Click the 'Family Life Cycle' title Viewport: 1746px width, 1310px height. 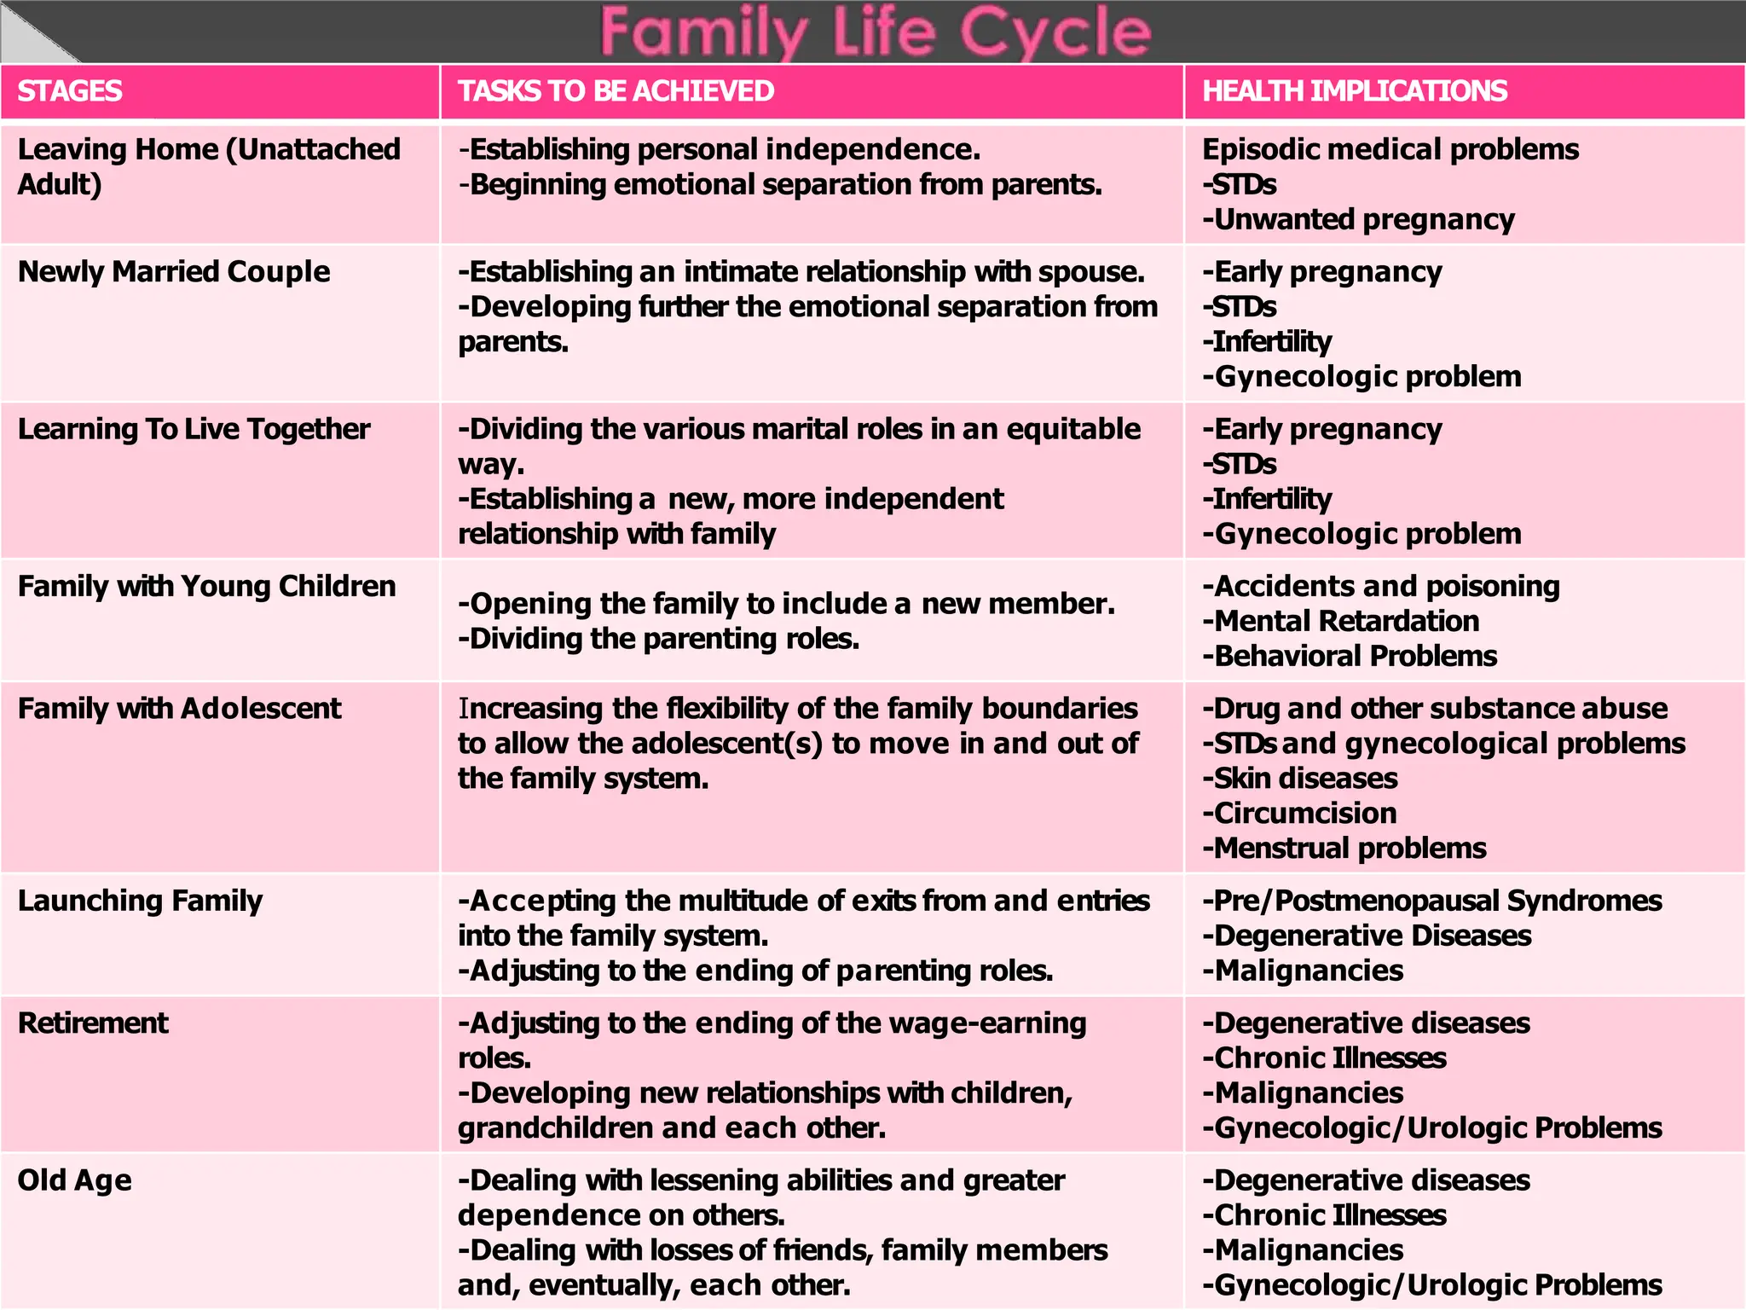pyautogui.click(x=876, y=32)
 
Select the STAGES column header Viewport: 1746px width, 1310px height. pyautogui.click(x=70, y=91)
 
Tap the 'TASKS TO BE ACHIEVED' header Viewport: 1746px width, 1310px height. pyautogui.click(x=616, y=91)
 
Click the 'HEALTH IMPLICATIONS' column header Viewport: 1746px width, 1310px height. pyautogui.click(x=1354, y=91)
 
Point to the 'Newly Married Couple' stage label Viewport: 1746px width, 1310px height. pyautogui.click(x=174, y=272)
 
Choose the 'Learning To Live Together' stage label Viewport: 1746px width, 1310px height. pyautogui.click(x=194, y=429)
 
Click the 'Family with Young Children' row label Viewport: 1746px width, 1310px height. pyautogui.click(x=206, y=587)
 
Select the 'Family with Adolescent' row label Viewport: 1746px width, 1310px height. pyautogui.click(x=179, y=709)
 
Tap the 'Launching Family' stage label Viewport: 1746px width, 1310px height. pyautogui.click(x=140, y=901)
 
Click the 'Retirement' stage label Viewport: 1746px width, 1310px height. pyautogui.click(x=93, y=1023)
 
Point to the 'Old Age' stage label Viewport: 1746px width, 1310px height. pyautogui.click(x=75, y=1180)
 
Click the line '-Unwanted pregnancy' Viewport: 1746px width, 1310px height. pyautogui.click(x=1358, y=220)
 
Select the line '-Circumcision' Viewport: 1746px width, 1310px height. pyautogui.click(x=1299, y=814)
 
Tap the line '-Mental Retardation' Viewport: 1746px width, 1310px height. pyautogui.click(x=1340, y=622)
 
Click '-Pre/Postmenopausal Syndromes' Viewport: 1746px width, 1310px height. pyautogui.click(x=1432, y=901)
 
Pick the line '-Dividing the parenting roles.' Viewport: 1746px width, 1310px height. pyautogui.click(x=658, y=639)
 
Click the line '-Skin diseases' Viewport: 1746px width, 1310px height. pyautogui.click(x=1300, y=779)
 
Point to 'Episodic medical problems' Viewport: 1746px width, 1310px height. pyautogui.click(x=1390, y=150)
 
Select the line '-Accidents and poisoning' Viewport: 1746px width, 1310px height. pyautogui.click(x=1381, y=587)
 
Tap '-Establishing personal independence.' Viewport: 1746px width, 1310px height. pyautogui.click(x=720, y=150)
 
